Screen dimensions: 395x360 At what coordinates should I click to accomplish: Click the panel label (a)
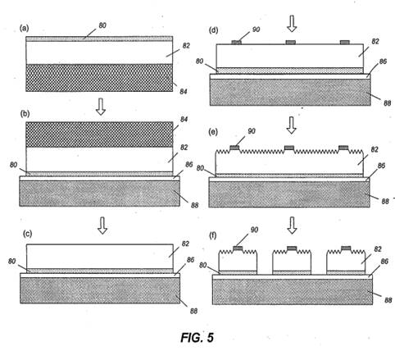click(25, 28)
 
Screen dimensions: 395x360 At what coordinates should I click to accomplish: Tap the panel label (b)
click(25, 114)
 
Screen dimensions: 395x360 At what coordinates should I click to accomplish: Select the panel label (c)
click(27, 234)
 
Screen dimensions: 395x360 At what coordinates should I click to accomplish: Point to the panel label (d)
click(213, 30)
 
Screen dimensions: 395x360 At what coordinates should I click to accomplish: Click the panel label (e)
click(213, 132)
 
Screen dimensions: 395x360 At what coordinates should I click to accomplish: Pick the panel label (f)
click(213, 235)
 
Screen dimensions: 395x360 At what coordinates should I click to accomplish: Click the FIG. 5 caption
click(197, 338)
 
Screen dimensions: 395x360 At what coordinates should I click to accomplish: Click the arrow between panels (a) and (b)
click(101, 107)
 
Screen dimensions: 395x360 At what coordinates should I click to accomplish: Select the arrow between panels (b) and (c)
click(102, 226)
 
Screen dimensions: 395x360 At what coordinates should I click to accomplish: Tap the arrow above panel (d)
click(293, 24)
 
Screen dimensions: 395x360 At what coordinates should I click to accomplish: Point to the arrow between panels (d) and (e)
click(292, 125)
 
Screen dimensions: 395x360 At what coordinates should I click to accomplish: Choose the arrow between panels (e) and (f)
click(293, 226)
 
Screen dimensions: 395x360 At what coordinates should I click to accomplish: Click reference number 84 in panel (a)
click(184, 91)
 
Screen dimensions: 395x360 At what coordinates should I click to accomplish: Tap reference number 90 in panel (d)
click(256, 30)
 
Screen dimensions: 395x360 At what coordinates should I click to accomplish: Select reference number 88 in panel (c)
click(193, 311)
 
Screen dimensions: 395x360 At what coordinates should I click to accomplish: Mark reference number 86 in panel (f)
click(384, 262)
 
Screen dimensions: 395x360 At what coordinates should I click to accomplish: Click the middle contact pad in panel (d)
click(290, 42)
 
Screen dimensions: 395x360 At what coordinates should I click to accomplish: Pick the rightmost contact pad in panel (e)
click(343, 148)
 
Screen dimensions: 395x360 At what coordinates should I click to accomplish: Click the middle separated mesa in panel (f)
click(292, 260)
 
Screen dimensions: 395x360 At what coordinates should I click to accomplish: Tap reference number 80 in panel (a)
click(102, 25)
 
